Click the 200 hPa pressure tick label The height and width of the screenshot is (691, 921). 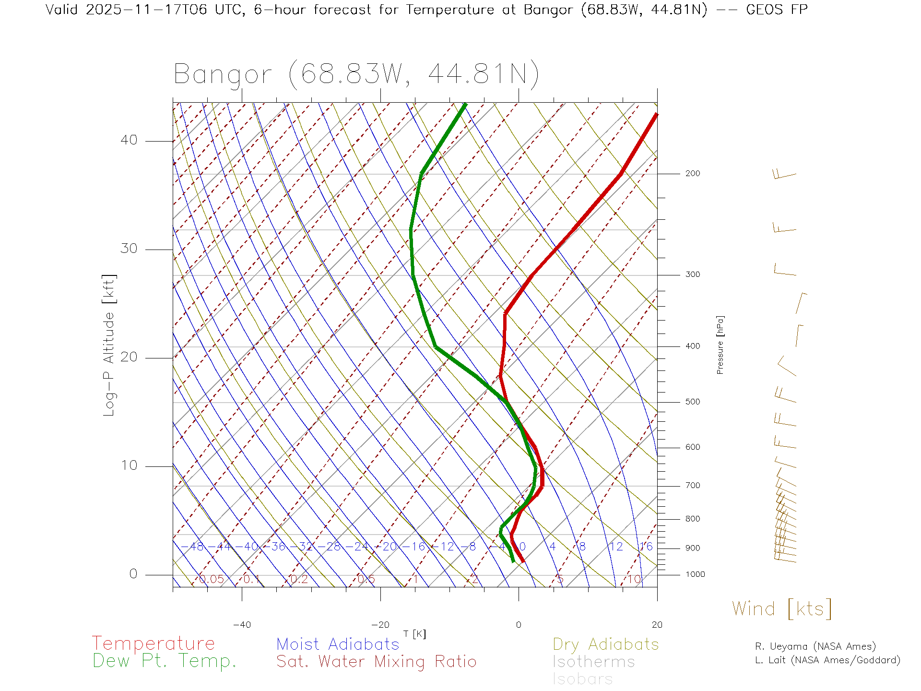point(692,173)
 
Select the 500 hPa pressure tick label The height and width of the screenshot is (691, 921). point(692,402)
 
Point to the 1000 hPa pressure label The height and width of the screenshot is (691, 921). point(695,574)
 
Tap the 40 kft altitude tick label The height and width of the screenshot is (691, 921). point(129,140)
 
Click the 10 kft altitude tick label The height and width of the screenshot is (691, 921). point(129,465)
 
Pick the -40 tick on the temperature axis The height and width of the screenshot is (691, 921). point(242,625)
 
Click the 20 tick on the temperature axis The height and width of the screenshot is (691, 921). point(657,625)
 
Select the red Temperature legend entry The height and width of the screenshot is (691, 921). point(153,643)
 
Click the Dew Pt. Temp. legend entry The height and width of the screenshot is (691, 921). point(165,661)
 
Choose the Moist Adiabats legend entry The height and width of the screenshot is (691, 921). point(338,644)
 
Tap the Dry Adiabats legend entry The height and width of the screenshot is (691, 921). point(605,644)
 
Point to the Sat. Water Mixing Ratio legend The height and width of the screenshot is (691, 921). point(376,662)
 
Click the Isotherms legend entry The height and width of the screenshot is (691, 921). point(593,662)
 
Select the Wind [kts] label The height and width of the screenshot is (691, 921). point(781,608)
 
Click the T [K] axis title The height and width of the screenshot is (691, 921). point(414,634)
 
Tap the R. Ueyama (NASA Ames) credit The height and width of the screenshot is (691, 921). point(815,646)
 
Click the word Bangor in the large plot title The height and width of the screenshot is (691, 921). point(223,74)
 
